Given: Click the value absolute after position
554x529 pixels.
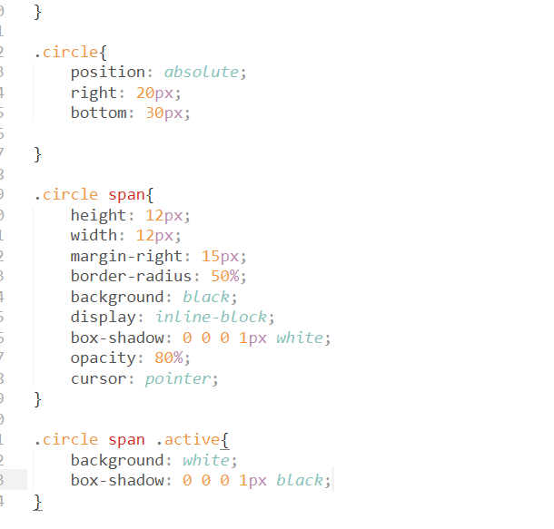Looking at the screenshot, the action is tap(202, 72).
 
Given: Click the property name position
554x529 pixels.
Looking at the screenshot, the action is tap(108, 73).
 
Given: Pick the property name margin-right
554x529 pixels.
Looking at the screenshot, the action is tap(126, 257).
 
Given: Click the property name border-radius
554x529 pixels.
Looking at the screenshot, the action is tap(131, 276).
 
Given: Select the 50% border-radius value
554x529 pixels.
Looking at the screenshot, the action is tap(225, 276).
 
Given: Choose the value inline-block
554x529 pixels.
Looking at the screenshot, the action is tap(211, 317).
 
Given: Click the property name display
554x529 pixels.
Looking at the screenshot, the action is tap(104, 318).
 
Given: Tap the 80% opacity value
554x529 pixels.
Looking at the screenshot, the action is tap(169, 358).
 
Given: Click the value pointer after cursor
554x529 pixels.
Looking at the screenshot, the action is tap(178, 379).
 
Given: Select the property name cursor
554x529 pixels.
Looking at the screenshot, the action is tap(98, 379).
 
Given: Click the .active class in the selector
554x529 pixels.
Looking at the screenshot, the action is tap(188, 440).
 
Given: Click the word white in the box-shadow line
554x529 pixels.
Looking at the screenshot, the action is tap(300, 338).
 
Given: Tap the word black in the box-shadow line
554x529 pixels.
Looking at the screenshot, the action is tap(300, 480).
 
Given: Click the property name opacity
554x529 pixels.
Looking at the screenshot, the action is tap(104, 358).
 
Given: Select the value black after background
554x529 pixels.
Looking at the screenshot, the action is tap(206, 297).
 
